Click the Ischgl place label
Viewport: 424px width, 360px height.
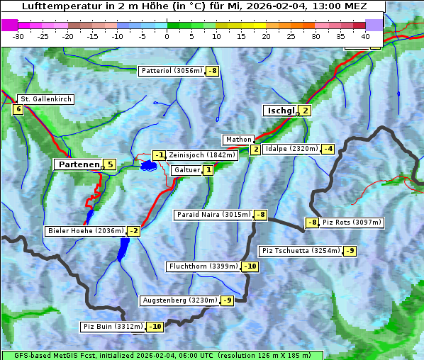(280, 111)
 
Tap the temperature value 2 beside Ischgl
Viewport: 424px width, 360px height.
(305, 111)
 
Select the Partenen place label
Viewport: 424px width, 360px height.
(78, 164)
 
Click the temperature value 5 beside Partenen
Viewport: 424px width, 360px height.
(109, 164)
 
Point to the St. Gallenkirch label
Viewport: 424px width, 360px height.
(45, 99)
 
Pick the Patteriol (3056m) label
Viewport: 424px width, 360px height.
(172, 71)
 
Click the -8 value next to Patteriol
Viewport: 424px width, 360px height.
(213, 71)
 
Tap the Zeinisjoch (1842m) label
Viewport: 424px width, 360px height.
(201, 155)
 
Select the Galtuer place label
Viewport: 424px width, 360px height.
(186, 170)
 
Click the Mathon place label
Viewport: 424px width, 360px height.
(237, 140)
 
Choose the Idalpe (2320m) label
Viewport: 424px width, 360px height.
(291, 149)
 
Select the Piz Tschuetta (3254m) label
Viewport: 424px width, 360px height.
(301, 251)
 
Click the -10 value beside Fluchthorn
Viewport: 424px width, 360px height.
(250, 266)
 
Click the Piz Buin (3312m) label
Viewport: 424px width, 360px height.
(112, 327)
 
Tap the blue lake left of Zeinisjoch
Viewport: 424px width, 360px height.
(148, 166)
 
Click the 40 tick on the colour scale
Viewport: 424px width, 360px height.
(365, 36)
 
